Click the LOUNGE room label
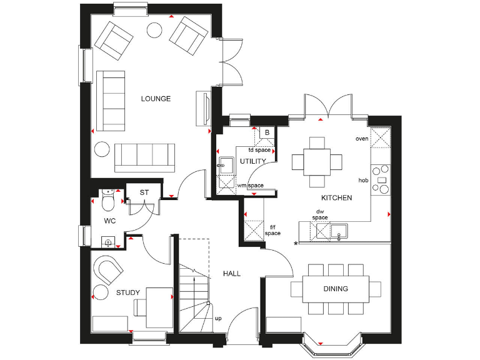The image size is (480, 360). pos(156,99)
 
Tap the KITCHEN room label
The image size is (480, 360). pos(336,197)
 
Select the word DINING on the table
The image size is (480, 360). pos(335,289)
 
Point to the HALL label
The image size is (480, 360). pos(231,274)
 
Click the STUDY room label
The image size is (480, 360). pos(128,292)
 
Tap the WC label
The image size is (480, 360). pos(110,221)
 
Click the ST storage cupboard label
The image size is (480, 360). pos(144,192)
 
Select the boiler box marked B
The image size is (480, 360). pos(267,132)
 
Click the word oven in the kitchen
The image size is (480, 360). pos(361,138)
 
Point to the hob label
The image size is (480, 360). pos(362,180)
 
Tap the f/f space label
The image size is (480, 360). pos(272,229)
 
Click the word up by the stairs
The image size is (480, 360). pos(218,318)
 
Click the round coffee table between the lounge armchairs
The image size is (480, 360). pos(154,29)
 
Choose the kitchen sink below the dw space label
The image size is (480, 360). pos(338,231)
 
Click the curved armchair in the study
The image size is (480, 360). pos(109,270)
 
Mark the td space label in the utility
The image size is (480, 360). pos(259,150)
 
